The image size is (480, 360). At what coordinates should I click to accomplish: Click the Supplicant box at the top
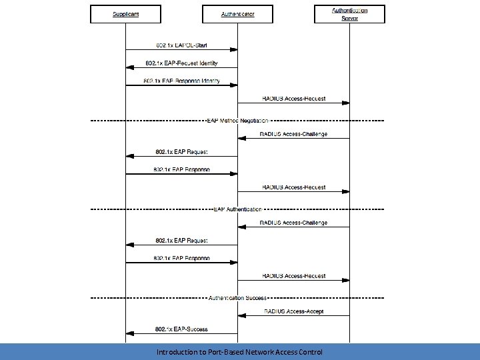125,14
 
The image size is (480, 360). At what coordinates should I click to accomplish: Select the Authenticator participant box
237,14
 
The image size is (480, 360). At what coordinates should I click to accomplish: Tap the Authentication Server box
349,14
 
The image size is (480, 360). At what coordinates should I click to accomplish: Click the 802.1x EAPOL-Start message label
181,45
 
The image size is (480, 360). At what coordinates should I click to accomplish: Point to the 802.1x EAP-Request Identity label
182,63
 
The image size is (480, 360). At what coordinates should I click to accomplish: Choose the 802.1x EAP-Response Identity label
181,81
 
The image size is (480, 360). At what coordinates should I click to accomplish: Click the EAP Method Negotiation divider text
237,121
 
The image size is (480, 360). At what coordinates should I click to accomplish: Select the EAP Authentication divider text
237,209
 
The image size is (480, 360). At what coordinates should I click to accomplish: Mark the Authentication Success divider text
237,298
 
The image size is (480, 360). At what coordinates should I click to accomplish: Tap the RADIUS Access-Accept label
294,311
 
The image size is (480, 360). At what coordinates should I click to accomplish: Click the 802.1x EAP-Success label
181,329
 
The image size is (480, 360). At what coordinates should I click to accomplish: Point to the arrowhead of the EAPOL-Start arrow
235,49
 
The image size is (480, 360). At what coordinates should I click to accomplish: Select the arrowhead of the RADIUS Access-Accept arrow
241,316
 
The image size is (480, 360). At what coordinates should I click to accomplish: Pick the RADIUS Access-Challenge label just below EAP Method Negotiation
293,134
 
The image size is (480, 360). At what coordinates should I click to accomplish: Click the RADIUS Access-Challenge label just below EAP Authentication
293,223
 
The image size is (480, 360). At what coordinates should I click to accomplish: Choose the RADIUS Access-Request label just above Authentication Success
293,276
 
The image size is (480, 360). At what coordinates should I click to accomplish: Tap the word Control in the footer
310,352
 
